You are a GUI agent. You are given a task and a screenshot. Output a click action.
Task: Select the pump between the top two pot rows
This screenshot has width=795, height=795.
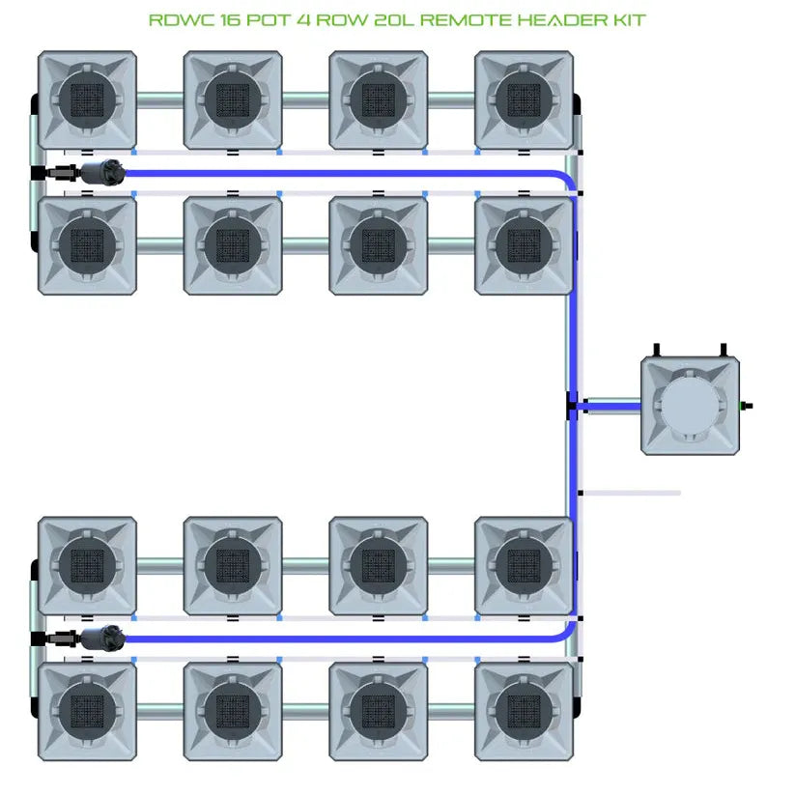click(102, 173)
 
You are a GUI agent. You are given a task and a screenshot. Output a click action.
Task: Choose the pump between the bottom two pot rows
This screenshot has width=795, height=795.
click(102, 637)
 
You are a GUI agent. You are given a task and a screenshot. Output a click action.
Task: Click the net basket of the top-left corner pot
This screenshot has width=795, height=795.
click(87, 99)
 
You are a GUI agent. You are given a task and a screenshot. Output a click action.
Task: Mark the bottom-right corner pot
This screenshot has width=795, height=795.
click(524, 710)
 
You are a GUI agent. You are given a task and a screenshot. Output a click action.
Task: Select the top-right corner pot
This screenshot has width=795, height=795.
click(524, 99)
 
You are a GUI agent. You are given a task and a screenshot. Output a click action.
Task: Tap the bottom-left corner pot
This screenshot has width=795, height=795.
click(87, 710)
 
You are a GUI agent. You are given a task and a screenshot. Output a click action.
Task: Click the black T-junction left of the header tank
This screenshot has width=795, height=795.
click(572, 406)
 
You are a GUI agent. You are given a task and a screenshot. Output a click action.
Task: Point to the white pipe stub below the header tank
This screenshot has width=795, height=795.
click(633, 493)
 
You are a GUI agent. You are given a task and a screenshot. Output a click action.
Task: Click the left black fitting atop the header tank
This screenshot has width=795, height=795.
click(657, 349)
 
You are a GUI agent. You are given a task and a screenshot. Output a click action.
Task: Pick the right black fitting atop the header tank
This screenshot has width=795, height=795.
click(722, 349)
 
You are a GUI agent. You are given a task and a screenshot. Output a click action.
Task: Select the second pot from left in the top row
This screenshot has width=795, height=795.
click(233, 99)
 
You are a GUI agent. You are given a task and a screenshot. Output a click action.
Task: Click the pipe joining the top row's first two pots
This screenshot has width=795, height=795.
click(159, 98)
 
